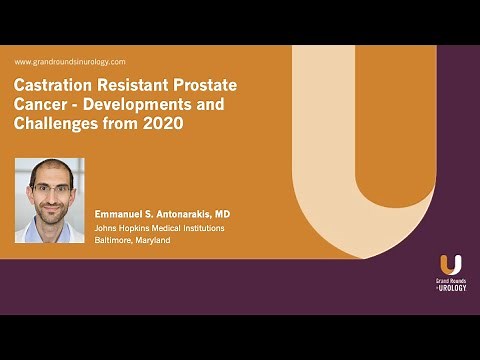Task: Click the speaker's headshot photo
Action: [x=49, y=200]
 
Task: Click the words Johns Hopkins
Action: [x=124, y=227]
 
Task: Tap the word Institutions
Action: [x=203, y=227]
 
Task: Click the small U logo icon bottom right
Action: [x=450, y=264]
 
